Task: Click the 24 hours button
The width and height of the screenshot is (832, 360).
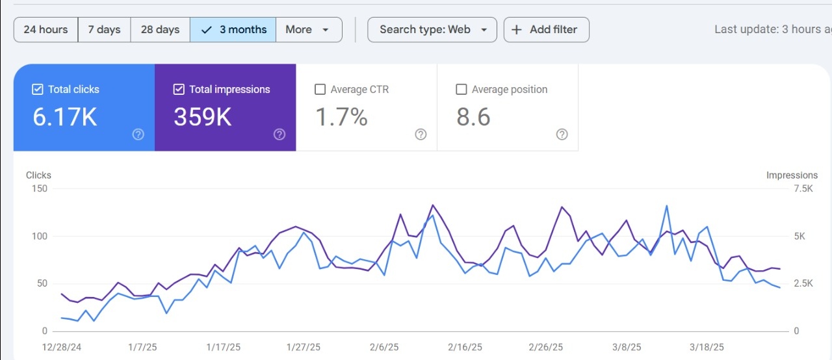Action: coord(45,30)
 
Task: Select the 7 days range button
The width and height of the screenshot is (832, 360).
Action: coord(104,30)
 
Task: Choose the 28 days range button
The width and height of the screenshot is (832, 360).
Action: coord(160,30)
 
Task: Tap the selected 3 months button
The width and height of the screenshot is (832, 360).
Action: coord(233,30)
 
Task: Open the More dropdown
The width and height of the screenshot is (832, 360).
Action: coord(309,30)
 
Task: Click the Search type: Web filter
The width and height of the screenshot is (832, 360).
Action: coord(432,30)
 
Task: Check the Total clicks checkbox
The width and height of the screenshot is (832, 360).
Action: coord(38,90)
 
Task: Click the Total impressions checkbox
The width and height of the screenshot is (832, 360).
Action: coord(179,90)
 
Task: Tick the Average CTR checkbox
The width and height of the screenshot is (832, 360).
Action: coord(320,90)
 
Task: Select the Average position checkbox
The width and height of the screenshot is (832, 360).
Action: coord(461,90)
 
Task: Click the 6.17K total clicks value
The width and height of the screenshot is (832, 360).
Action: coord(65,117)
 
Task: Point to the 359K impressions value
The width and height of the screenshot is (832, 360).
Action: coord(202,117)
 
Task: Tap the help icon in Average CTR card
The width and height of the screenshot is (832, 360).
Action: coord(421,135)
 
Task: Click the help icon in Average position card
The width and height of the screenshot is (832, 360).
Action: coord(562,135)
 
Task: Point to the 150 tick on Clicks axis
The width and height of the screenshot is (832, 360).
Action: coord(40,188)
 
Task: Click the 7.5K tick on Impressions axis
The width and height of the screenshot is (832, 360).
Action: coord(803,188)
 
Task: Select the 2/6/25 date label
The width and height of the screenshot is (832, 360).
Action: coord(384,348)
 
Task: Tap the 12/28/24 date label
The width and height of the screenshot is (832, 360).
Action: coord(61,348)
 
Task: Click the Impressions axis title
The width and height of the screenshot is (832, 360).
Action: coord(792,175)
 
